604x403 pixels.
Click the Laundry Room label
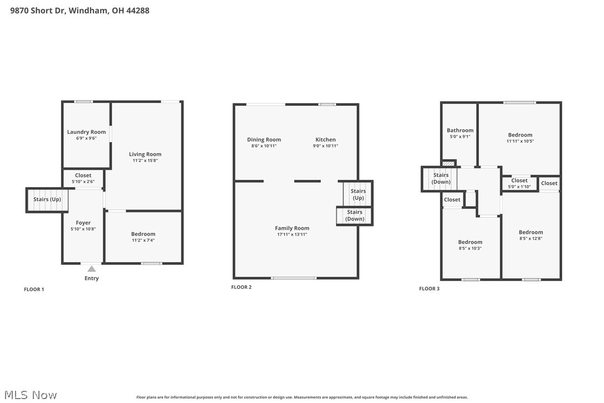86,132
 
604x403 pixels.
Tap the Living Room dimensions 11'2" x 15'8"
145,161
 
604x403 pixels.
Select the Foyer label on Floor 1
83,223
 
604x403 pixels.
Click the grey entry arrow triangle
91,269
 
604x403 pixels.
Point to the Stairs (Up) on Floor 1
47,199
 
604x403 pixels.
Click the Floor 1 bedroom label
143,234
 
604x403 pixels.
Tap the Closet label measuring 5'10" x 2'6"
83,175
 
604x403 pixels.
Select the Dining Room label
264,140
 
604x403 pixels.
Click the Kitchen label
325,140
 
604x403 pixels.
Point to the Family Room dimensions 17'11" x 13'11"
292,235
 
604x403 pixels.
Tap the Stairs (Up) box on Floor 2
358,194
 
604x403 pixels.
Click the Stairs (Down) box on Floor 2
354,215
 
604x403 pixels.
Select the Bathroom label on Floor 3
460,130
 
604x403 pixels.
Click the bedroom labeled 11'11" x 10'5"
520,135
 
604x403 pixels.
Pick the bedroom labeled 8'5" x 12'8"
531,232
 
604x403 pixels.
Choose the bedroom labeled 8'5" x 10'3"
470,242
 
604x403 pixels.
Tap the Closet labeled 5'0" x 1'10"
519,180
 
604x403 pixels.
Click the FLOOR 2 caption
241,287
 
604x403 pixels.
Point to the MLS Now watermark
29,395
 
